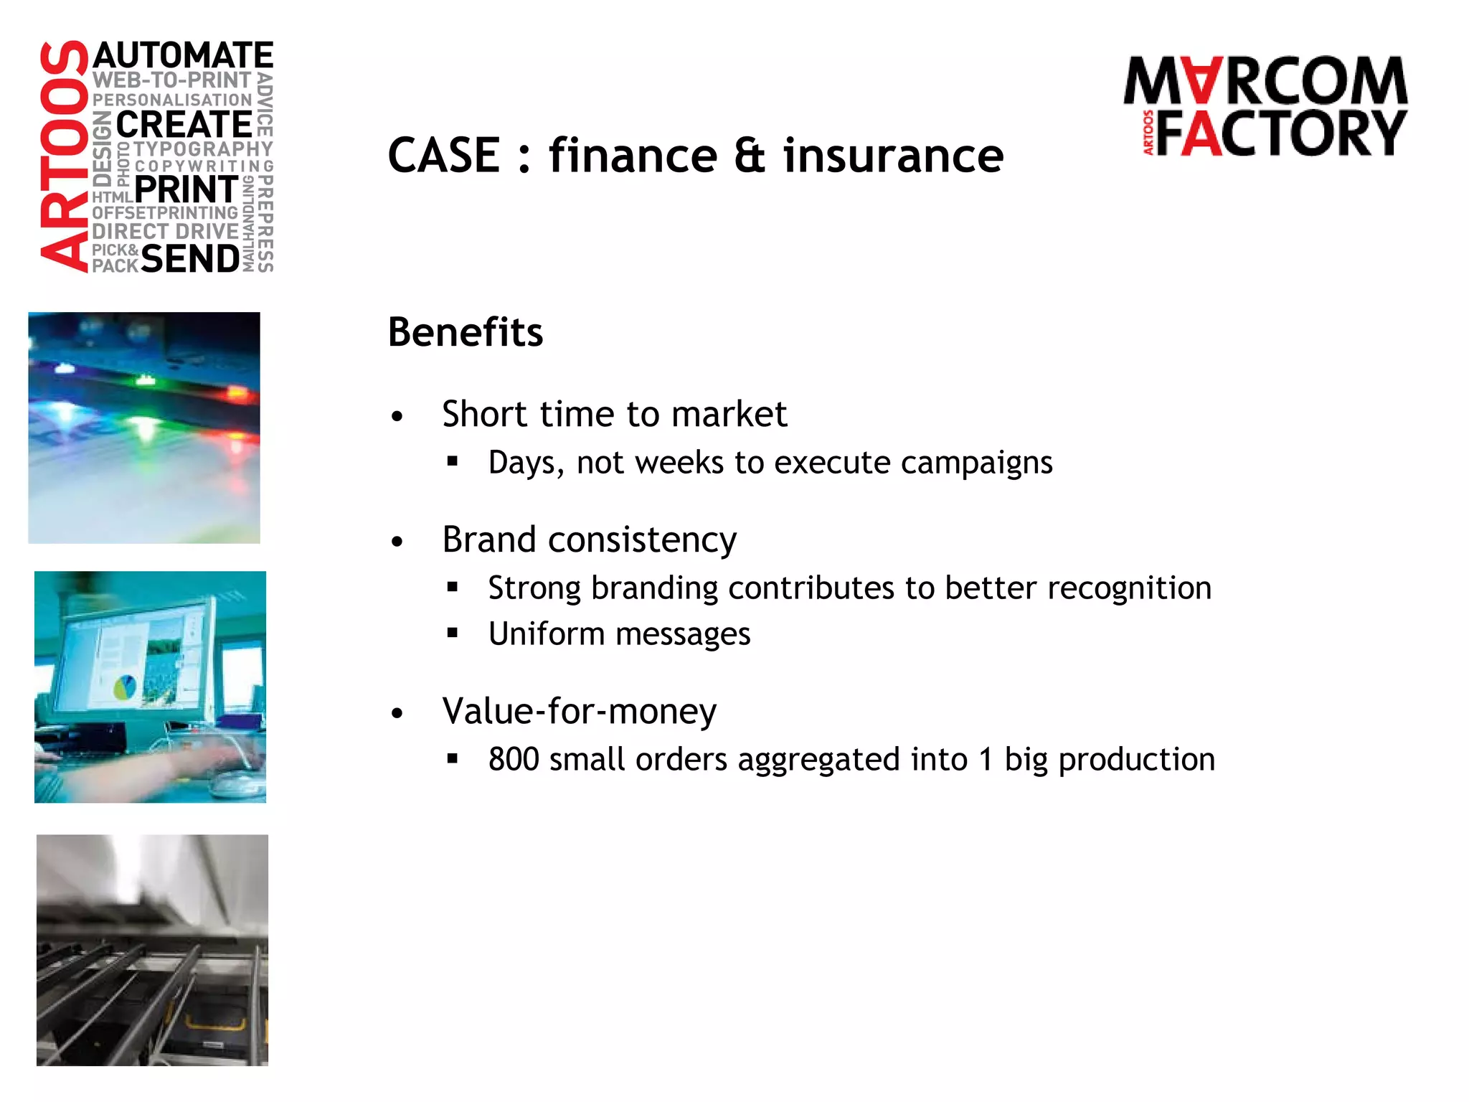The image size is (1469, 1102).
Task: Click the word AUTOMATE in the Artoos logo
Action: click(x=183, y=56)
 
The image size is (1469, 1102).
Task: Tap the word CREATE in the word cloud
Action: click(x=184, y=125)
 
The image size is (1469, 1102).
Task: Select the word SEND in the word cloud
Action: click(x=190, y=259)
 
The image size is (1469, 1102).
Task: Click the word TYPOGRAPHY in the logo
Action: click(x=203, y=149)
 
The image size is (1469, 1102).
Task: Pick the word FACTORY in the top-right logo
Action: click(x=1281, y=133)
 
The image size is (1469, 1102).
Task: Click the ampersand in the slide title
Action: click(x=750, y=156)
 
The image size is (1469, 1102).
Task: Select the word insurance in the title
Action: click(x=893, y=156)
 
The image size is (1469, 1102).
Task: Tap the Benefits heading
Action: click(x=466, y=332)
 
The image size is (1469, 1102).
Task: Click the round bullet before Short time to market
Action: click(x=397, y=417)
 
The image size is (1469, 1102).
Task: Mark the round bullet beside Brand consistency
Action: click(x=397, y=542)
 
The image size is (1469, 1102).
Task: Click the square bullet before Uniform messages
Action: click(x=452, y=633)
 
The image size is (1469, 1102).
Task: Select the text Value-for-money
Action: click(x=580, y=712)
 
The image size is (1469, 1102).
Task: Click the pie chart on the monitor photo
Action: click(x=126, y=687)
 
